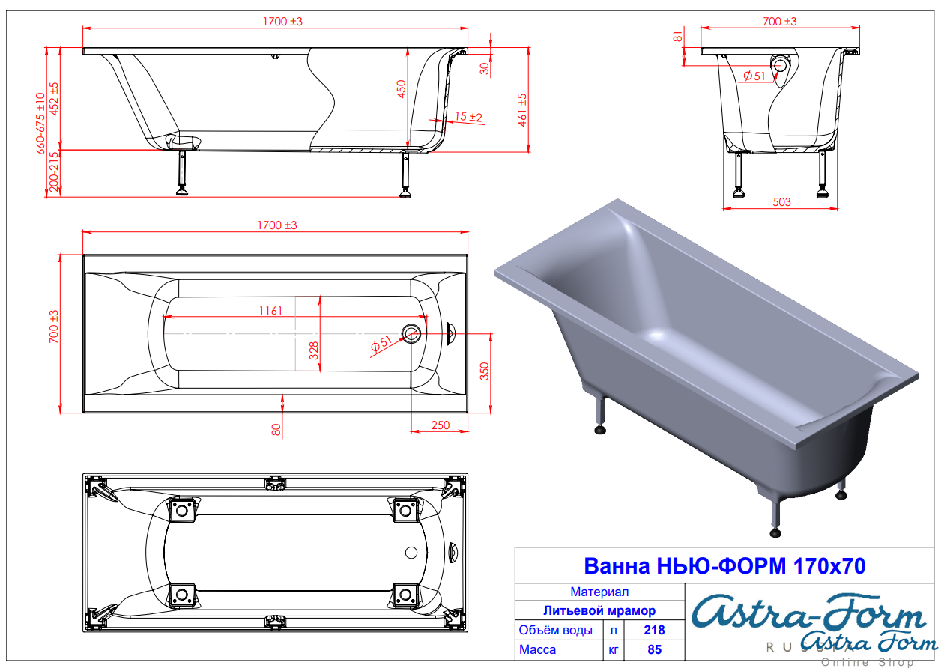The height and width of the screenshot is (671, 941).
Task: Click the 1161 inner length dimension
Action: click(x=270, y=310)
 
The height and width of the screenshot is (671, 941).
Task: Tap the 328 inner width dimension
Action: click(x=314, y=350)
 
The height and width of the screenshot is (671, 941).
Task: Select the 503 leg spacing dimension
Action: click(x=781, y=202)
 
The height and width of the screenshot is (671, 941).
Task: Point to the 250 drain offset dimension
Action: click(x=441, y=425)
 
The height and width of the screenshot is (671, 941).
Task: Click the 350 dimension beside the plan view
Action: click(x=485, y=371)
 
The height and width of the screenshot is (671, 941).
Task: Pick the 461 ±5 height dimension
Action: click(x=522, y=110)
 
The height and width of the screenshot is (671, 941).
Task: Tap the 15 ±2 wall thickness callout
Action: click(x=468, y=116)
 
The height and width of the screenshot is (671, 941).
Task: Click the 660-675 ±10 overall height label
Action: click(x=40, y=124)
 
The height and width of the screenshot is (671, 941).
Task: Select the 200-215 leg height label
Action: click(x=54, y=171)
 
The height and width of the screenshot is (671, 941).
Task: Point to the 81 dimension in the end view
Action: click(x=677, y=37)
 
